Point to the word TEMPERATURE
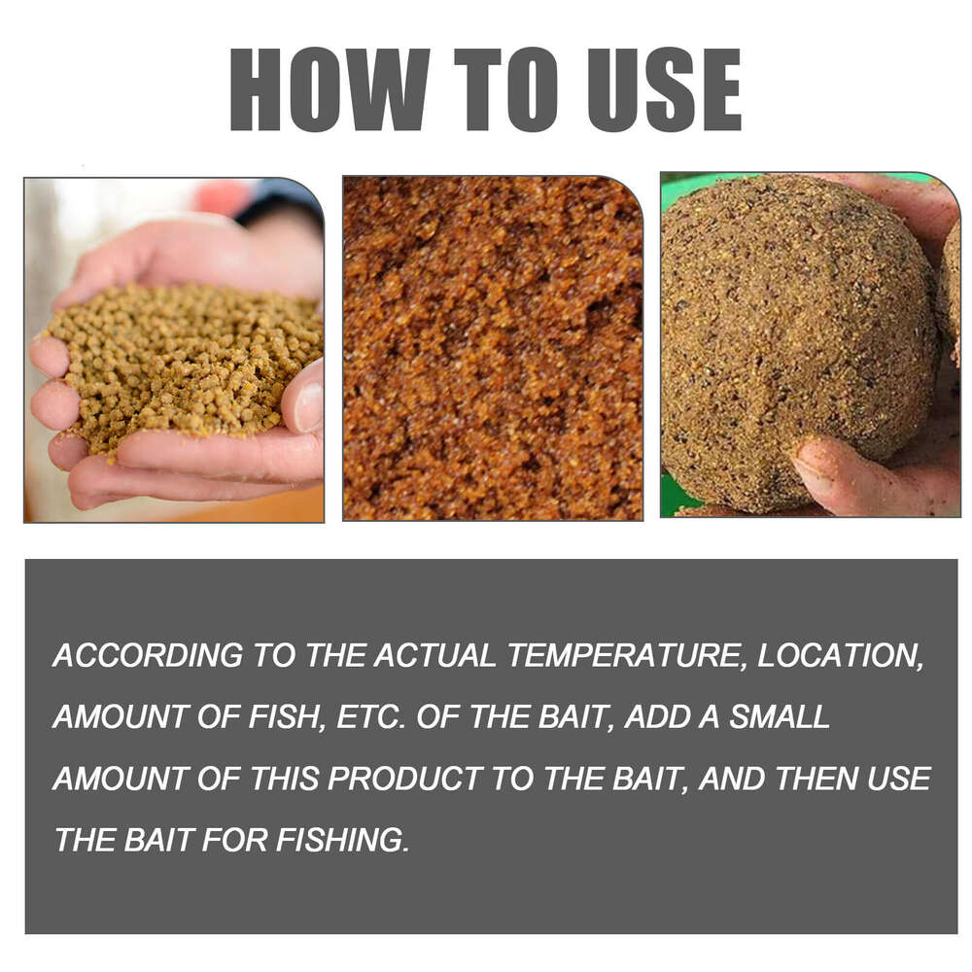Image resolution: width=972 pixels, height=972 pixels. pos(626,656)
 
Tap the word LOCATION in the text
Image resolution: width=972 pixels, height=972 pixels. pos(839,656)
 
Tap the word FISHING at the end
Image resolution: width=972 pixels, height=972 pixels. pos(342,840)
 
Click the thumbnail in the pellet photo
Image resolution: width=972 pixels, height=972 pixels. pos(307,406)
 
